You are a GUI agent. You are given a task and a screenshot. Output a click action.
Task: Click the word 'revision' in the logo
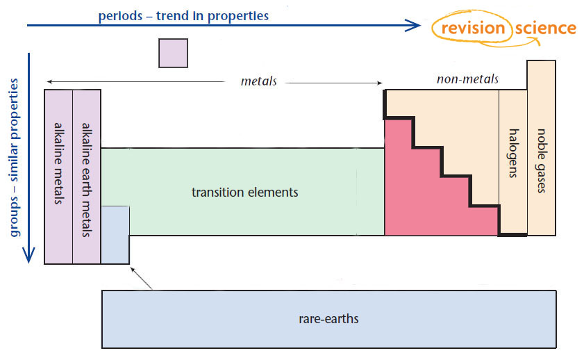click(x=471, y=28)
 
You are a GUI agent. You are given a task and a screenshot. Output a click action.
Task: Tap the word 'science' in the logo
click(x=545, y=28)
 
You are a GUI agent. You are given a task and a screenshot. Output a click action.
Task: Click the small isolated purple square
click(x=173, y=53)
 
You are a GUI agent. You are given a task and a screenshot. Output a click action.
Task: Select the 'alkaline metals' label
click(x=58, y=163)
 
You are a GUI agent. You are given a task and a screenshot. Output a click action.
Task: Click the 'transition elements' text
click(x=244, y=192)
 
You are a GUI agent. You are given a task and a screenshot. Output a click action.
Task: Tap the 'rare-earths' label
click(x=328, y=320)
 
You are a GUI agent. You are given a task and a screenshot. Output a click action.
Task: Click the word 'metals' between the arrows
click(x=258, y=81)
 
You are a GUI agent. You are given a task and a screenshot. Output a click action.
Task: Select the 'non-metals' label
click(x=467, y=79)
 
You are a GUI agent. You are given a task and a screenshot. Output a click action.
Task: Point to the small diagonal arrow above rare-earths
click(x=142, y=280)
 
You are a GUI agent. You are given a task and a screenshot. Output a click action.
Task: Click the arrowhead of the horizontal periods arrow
click(x=414, y=26)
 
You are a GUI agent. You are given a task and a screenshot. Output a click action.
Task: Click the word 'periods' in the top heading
click(x=121, y=15)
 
